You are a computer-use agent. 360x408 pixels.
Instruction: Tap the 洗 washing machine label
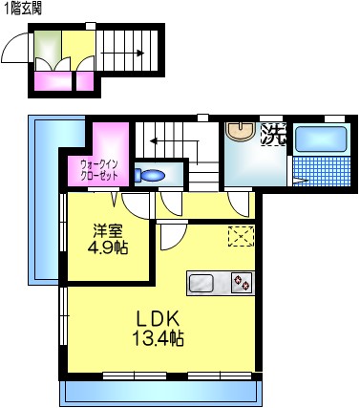pyautogui.click(x=274, y=135)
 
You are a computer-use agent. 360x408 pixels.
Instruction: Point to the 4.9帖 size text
pyautogui.click(x=107, y=248)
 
